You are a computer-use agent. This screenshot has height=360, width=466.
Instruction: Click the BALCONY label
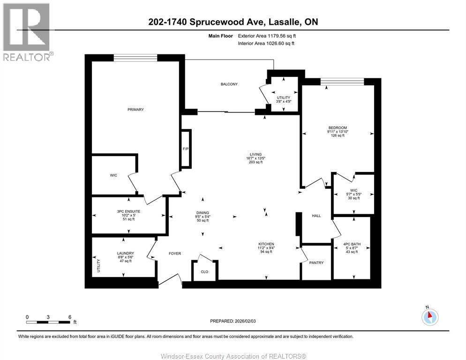point(229,84)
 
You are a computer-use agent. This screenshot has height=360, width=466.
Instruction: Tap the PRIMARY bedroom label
point(135,110)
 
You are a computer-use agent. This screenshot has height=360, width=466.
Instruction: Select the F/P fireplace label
point(186,149)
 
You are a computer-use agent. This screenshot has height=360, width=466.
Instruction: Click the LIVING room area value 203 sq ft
point(256,162)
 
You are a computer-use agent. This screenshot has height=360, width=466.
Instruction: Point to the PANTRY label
point(316,263)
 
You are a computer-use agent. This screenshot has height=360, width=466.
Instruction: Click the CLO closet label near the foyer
point(204,272)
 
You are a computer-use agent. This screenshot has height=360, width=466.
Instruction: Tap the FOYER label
point(175,254)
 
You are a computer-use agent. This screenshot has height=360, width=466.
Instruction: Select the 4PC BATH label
point(352,244)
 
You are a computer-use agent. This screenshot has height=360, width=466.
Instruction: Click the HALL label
point(316,216)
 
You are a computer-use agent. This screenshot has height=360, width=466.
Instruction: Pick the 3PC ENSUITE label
point(128,212)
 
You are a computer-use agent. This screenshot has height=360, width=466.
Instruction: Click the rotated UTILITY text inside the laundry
point(98,266)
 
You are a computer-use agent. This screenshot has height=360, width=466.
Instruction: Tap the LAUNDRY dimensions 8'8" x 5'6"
point(126,257)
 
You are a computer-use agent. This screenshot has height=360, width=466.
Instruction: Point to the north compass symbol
point(430,317)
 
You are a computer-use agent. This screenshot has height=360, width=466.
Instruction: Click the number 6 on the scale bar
point(70,317)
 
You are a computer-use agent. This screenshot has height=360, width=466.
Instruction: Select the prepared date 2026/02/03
point(245,321)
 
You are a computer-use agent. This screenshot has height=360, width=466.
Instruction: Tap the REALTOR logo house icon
point(26,27)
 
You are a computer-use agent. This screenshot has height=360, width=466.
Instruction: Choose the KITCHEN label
point(266,244)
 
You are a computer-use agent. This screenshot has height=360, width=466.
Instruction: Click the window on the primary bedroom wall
point(135,58)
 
